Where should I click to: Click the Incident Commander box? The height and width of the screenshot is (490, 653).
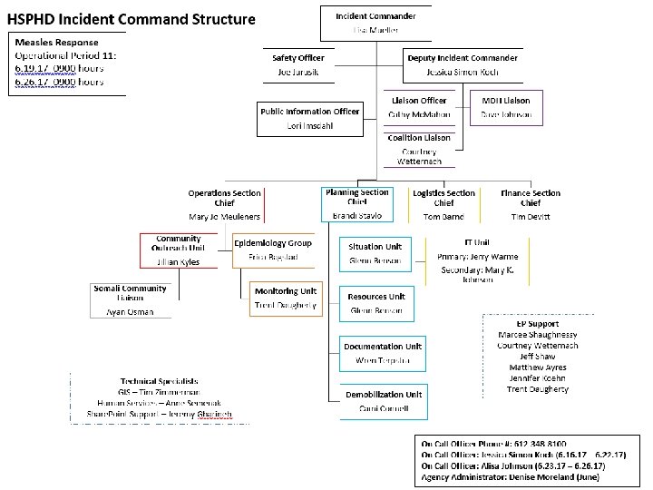coord(375,24)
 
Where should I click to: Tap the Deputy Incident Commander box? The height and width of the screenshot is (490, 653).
coord(462,63)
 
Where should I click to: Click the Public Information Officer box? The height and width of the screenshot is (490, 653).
coord(310,118)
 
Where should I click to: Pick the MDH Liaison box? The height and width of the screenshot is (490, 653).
coord(506,108)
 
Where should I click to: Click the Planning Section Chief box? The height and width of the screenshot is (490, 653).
coord(356,204)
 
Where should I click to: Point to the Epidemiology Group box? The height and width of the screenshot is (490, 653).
coord(272,250)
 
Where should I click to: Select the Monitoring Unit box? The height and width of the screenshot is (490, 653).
coord(286,299)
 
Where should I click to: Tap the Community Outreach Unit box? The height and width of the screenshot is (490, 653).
coord(179,250)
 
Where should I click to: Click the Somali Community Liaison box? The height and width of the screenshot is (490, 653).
coord(131,299)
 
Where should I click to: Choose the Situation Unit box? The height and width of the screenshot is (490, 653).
coord(375,253)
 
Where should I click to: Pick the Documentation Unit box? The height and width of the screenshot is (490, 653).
coord(384,353)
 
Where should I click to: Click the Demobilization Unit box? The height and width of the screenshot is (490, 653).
coord(383,401)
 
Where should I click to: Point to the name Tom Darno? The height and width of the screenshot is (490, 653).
coord(443,217)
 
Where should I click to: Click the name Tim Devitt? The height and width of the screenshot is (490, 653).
coord(530,217)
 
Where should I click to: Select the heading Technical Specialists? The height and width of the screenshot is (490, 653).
coord(159,381)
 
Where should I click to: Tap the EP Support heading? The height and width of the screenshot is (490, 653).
coord(538,323)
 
